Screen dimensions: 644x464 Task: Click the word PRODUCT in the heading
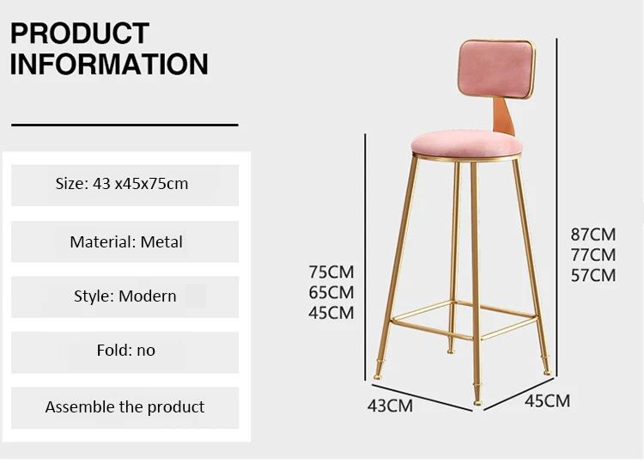coord(80,34)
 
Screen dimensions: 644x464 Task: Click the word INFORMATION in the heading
coord(109,64)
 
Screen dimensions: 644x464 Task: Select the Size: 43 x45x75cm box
coord(125,186)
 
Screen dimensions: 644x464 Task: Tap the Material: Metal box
coord(125,241)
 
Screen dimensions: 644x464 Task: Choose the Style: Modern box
coord(125,297)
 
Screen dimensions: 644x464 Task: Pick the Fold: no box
coord(125,352)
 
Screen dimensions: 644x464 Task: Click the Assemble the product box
coord(125,407)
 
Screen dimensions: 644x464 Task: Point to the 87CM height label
coord(593,235)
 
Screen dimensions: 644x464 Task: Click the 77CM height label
coord(593,255)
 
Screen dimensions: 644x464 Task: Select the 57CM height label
coord(593,275)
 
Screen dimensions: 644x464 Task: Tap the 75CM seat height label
coord(331,272)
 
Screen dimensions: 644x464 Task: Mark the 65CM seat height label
coord(331,293)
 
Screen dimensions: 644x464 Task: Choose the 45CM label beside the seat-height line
coord(331,313)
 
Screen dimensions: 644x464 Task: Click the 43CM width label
coord(390,406)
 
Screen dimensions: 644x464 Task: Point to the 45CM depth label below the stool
coord(548,401)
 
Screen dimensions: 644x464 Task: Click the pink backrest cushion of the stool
coord(496,69)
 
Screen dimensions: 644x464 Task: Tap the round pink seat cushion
coord(466,143)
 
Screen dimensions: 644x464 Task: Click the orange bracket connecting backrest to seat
coord(504,117)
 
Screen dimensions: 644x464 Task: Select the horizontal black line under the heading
coord(125,125)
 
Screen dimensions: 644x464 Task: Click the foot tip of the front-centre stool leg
coord(477,403)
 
